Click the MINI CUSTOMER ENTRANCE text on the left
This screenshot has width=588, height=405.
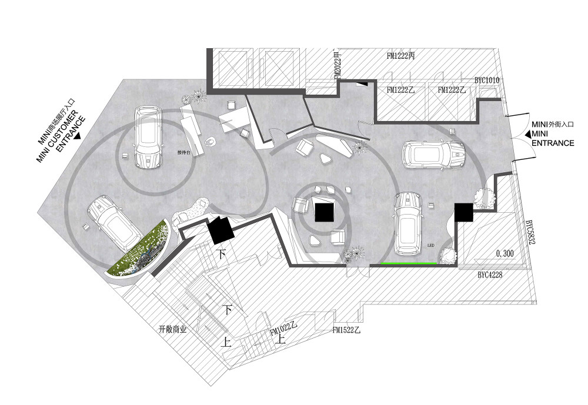[61, 129]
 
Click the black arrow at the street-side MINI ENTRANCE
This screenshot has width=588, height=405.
[525, 136]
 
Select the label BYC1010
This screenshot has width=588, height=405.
[487, 80]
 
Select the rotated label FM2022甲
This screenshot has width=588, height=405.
[338, 65]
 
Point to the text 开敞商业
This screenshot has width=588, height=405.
[172, 330]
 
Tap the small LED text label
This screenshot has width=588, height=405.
[431, 247]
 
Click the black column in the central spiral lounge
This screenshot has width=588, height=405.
[323, 210]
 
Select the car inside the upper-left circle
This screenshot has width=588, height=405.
[144, 136]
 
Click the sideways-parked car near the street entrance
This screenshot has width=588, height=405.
[433, 154]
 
